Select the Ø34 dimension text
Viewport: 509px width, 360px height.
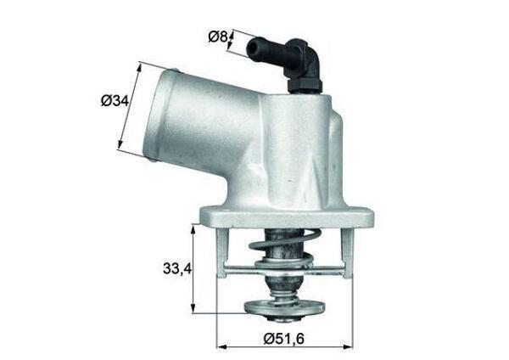click(115, 101)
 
